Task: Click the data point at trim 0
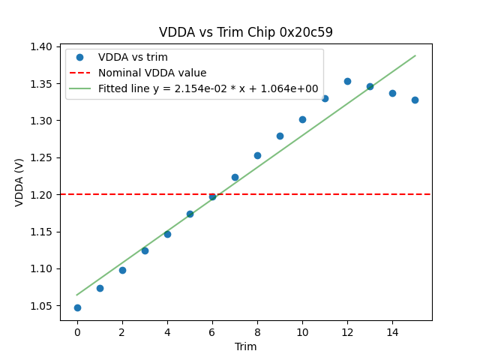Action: pos(77,307)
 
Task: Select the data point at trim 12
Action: pos(347,81)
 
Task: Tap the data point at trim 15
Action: pos(415,100)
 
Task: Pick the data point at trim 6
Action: pos(212,196)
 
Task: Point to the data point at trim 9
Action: pos(280,136)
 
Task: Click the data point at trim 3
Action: pos(145,250)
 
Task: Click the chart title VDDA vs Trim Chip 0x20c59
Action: pos(246,32)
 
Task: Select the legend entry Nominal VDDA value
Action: pos(152,73)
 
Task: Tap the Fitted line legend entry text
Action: pos(208,88)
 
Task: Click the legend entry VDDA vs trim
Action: pos(133,57)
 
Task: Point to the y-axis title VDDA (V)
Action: pos(20,182)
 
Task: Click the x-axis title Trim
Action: pos(246,346)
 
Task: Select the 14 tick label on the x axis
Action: pos(392,331)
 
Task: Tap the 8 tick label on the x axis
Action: pos(257,331)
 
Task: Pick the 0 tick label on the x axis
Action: pos(77,331)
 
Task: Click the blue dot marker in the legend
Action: pos(79,57)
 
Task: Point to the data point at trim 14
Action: pos(392,93)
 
